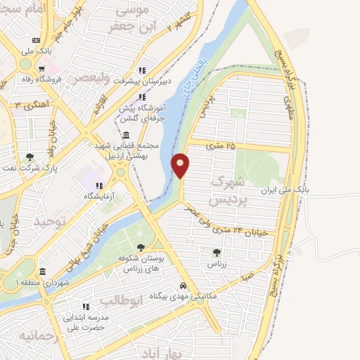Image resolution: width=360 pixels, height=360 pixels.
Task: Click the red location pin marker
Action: (x=181, y=166)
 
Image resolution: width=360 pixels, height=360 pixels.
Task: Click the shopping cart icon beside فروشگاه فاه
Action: (x=43, y=68)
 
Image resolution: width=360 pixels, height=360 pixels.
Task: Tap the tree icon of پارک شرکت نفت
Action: (x=28, y=157)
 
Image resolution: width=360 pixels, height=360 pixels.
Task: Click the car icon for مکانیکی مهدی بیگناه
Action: (x=183, y=286)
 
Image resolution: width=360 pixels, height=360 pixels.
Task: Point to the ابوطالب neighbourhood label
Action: (x=121, y=300)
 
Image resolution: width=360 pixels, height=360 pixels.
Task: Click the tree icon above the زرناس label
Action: (x=216, y=252)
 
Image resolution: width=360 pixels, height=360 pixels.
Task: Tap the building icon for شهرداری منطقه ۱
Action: (x=42, y=272)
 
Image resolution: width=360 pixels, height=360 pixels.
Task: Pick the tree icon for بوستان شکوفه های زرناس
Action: (x=141, y=247)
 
